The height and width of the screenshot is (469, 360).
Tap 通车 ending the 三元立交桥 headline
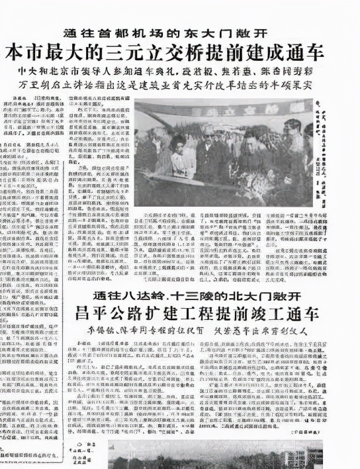[x=328, y=52]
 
